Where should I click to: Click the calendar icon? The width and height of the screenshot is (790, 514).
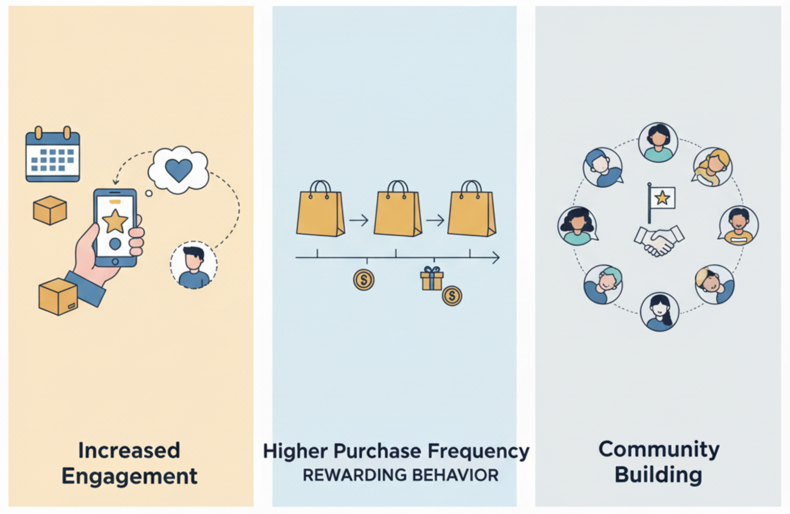click(53, 156)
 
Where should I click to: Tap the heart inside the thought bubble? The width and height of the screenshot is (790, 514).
click(178, 170)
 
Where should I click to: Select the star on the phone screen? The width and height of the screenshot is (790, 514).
click(115, 221)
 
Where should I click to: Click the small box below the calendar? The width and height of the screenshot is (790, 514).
click(50, 210)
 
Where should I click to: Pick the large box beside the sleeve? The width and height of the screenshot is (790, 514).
click(58, 296)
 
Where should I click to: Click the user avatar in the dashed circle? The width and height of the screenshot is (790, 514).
click(194, 265)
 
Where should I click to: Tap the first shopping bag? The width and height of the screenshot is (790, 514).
click(320, 210)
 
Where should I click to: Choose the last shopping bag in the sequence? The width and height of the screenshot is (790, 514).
click(471, 210)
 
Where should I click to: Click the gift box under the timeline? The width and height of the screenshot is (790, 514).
click(432, 279)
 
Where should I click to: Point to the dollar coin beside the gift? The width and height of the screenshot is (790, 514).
click(452, 296)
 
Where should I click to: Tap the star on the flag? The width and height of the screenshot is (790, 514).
click(662, 198)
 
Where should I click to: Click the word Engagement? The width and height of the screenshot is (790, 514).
click(129, 476)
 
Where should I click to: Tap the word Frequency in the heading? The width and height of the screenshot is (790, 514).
click(478, 451)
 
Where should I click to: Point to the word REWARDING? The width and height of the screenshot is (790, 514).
click(355, 475)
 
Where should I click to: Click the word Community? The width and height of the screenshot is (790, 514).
click(659, 450)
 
